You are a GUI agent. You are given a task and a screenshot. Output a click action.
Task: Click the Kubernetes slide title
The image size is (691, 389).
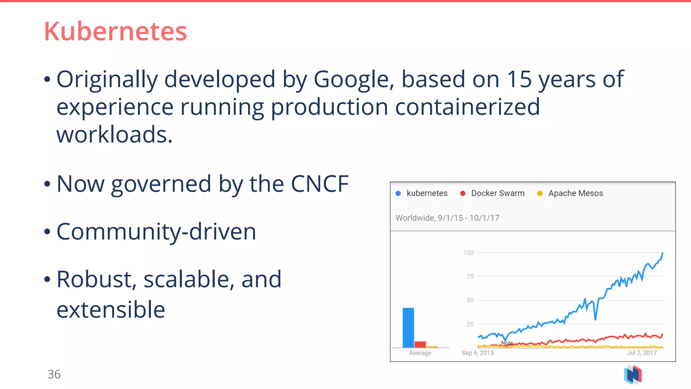[115, 31]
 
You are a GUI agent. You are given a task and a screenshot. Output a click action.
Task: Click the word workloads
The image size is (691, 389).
[114, 135]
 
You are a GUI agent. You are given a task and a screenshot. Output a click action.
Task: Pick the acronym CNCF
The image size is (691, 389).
[320, 184]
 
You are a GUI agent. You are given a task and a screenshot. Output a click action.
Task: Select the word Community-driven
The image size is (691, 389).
[156, 232]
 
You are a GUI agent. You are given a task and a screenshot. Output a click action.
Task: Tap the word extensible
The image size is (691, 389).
[111, 310]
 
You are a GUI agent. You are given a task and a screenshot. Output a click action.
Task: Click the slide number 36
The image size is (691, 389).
[54, 374]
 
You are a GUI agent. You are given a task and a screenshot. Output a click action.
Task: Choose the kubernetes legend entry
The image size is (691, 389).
[427, 193]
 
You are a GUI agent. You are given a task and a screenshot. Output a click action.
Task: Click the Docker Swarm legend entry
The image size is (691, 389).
[498, 193]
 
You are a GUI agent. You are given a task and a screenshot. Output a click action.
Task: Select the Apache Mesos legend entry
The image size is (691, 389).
[575, 193]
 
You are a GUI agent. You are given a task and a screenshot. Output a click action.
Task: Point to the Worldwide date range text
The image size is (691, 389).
[447, 218]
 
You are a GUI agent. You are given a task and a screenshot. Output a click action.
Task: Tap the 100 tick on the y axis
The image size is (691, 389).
[468, 253]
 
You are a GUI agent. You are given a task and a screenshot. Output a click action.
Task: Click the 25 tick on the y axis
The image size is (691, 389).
[470, 324]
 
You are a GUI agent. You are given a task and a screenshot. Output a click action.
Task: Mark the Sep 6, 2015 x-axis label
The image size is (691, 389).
[477, 353]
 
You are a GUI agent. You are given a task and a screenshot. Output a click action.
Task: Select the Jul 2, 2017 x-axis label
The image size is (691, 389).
[642, 353]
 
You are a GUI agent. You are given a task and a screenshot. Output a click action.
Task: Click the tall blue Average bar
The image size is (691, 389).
[408, 327]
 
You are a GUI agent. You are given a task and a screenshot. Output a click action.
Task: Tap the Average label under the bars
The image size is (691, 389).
[420, 353]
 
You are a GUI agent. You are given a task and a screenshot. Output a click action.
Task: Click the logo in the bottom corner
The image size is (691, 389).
[633, 375]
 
